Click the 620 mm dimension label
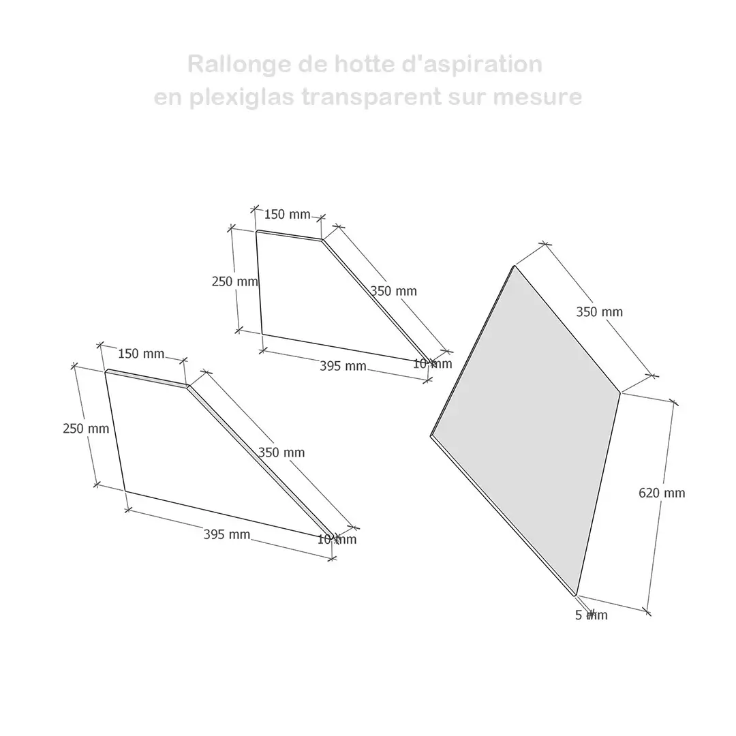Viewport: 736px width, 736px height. [661, 493]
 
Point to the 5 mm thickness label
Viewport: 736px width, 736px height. [591, 615]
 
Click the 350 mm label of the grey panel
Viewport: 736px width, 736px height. [599, 312]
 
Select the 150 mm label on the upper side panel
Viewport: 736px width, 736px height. [287, 215]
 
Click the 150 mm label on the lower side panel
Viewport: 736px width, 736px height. [141, 354]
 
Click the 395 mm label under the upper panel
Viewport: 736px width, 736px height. [343, 366]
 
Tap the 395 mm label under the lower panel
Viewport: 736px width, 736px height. [226, 534]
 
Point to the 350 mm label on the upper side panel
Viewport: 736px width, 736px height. [393, 291]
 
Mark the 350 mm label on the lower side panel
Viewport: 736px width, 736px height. [281, 453]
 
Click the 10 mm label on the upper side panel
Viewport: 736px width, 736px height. [432, 363]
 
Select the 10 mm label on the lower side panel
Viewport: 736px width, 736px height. [337, 540]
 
